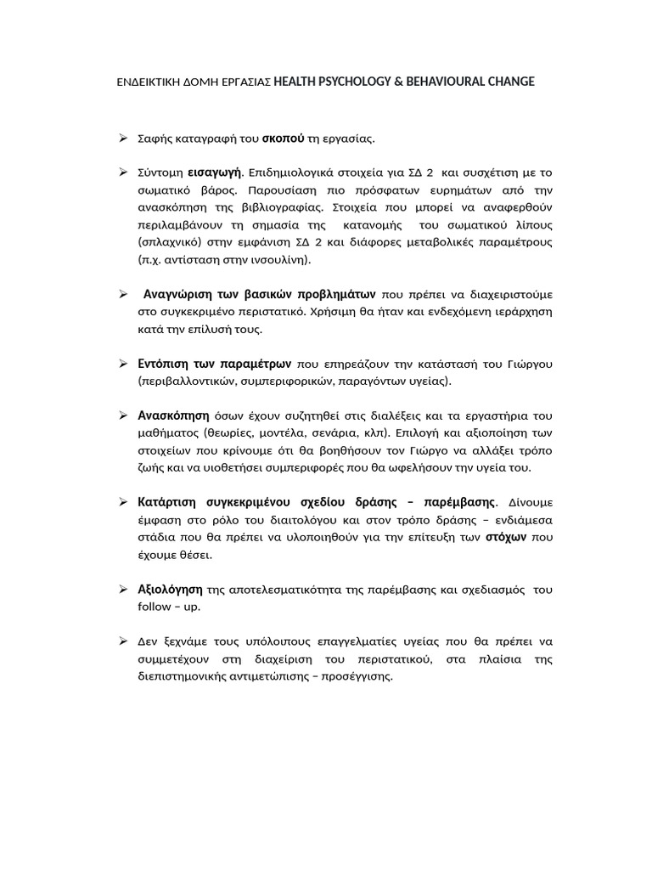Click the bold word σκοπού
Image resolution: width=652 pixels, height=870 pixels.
pyautogui.click(x=283, y=138)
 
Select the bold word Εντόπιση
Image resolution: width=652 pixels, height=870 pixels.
pyautogui.click(x=166, y=364)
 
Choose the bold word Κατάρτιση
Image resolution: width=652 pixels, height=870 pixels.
pyautogui.click(x=169, y=502)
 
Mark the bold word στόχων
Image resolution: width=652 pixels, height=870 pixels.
pyautogui.click(x=507, y=537)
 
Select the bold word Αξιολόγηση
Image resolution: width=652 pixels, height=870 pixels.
pyautogui.click(x=170, y=589)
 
